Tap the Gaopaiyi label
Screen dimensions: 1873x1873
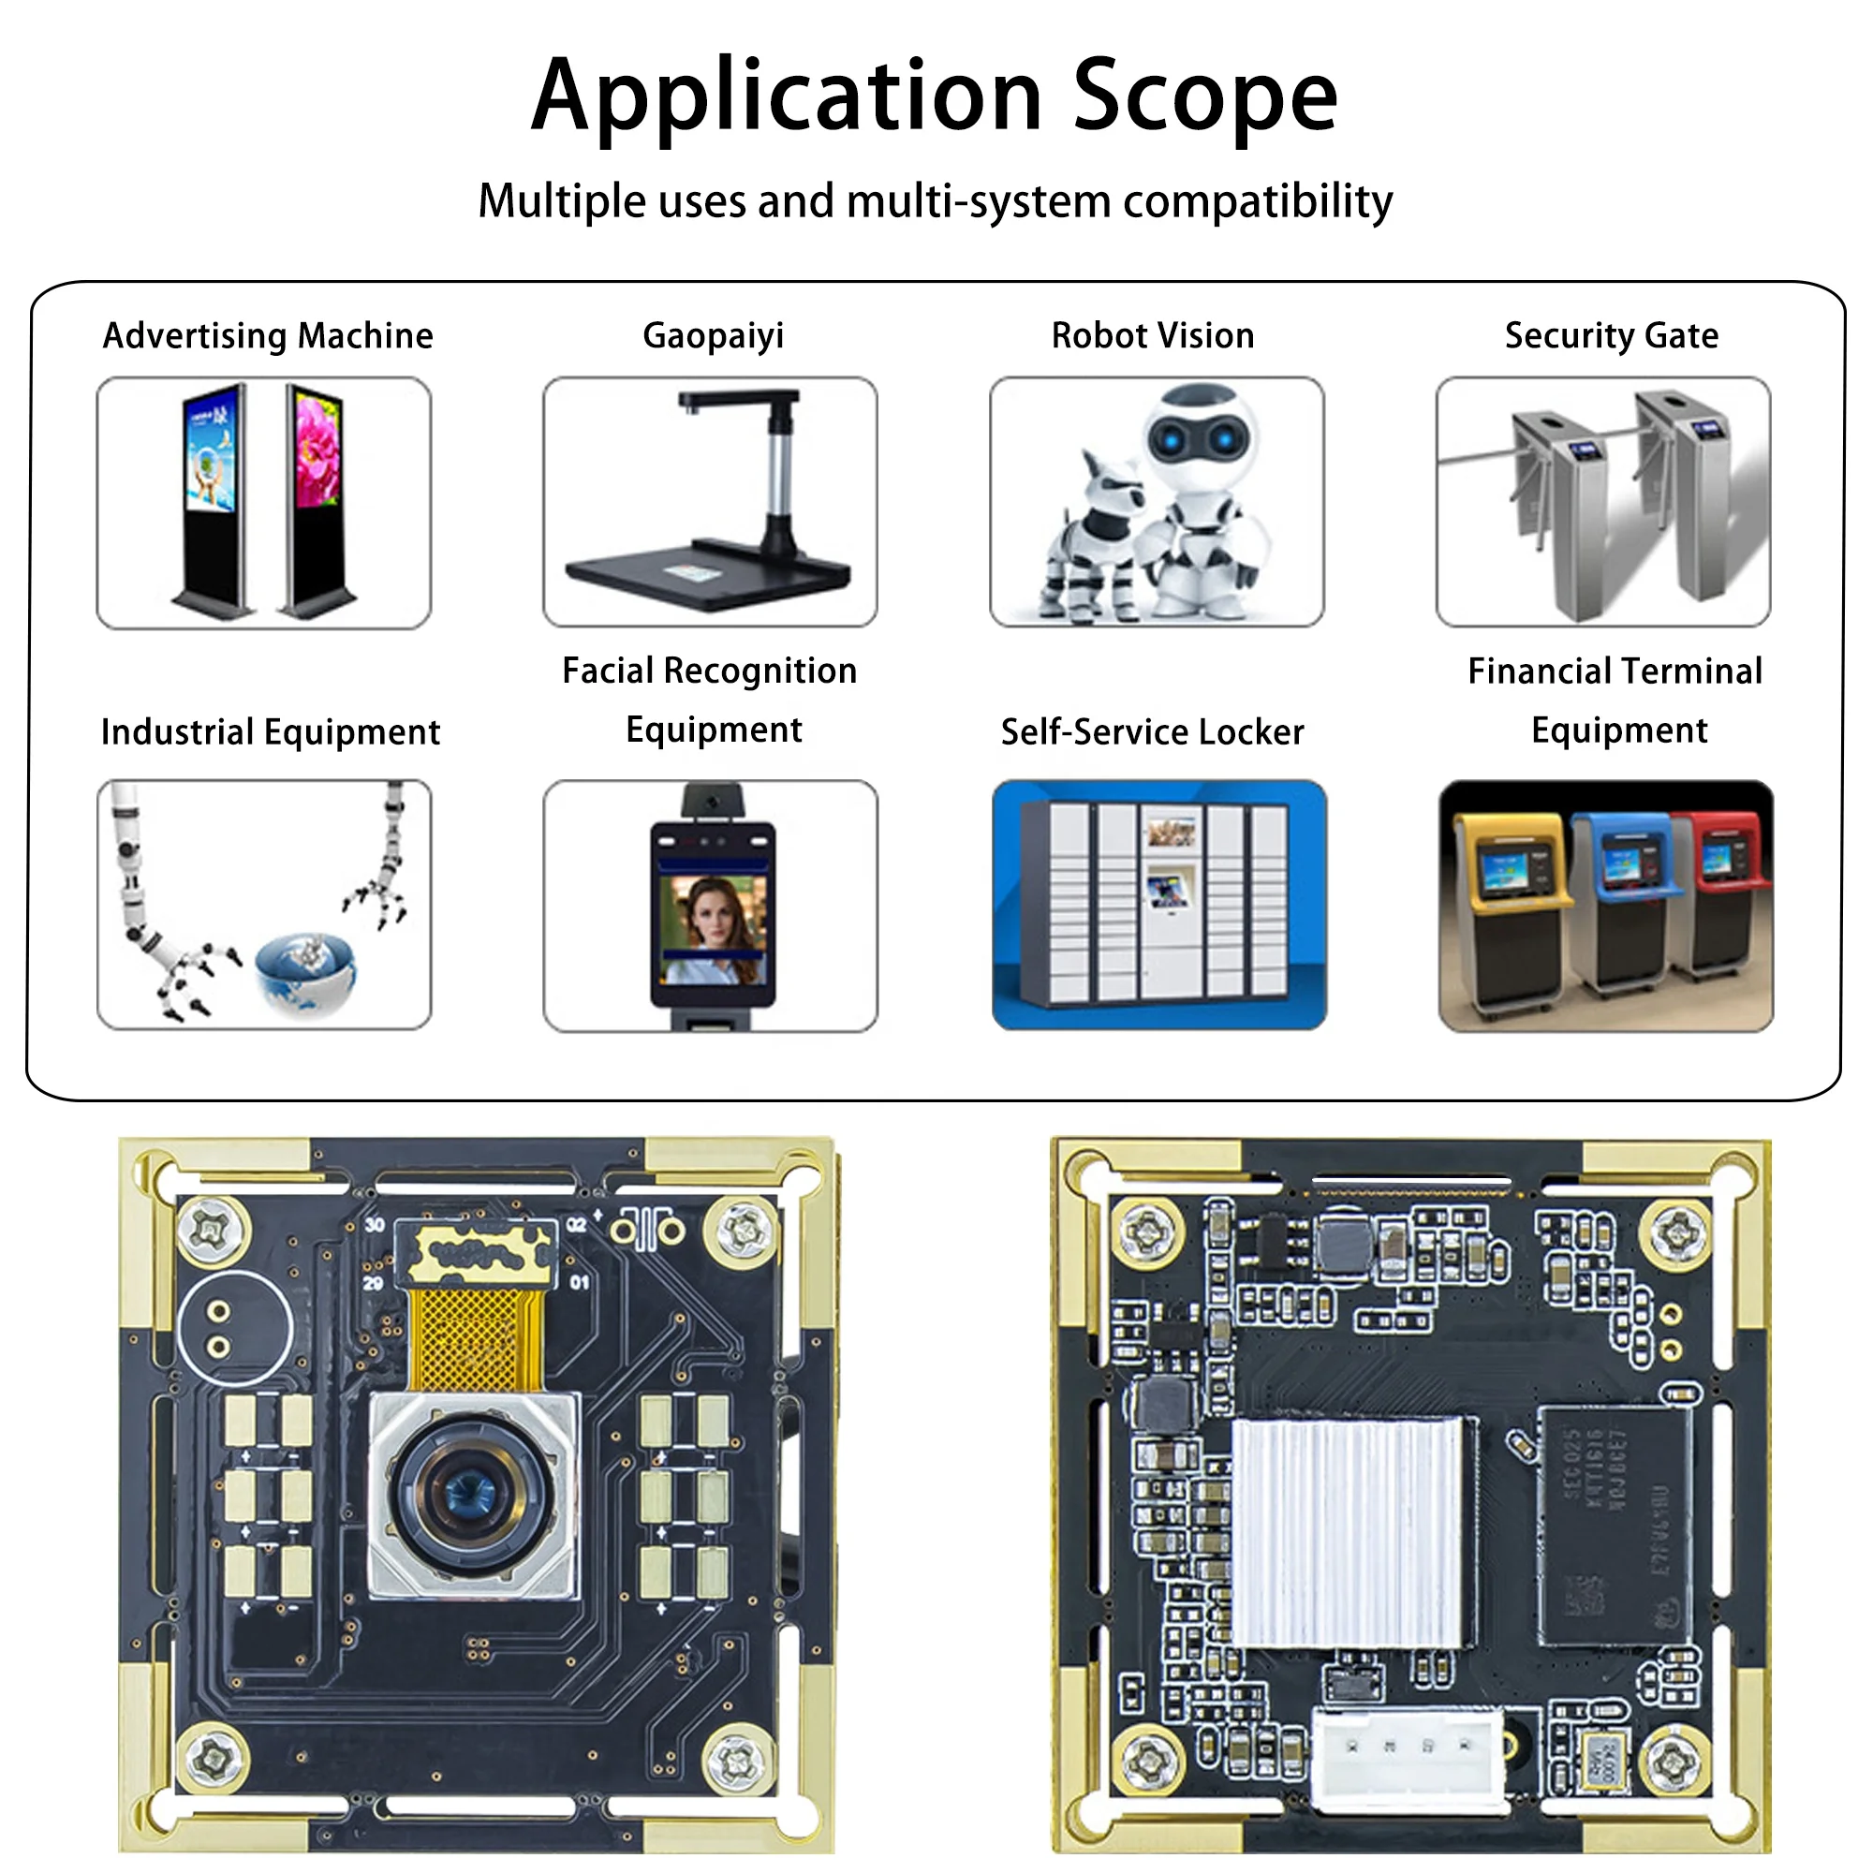[713, 335]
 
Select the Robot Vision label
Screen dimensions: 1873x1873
[1153, 335]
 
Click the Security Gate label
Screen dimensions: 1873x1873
[1610, 335]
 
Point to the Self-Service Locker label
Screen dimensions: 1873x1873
[1152, 732]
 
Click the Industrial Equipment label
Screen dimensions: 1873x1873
[271, 732]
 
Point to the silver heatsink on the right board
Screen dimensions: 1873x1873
[1348, 1532]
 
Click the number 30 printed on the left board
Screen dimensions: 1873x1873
[376, 1225]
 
